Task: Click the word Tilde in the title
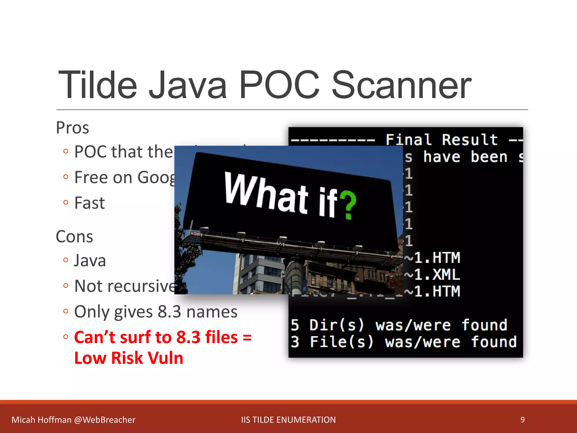pyautogui.click(x=97, y=85)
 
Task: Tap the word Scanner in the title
pyautogui.click(x=401, y=85)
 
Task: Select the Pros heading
pyautogui.click(x=72, y=128)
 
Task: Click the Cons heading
pyautogui.click(x=74, y=237)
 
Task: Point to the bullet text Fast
pyautogui.click(x=89, y=203)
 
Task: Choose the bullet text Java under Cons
pyautogui.click(x=90, y=260)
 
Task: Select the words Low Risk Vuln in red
pyautogui.click(x=129, y=358)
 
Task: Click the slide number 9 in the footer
pyautogui.click(x=522, y=420)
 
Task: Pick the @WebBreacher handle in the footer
pyautogui.click(x=105, y=420)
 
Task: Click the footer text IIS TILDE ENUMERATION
pyautogui.click(x=288, y=420)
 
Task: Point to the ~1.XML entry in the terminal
pyautogui.click(x=432, y=275)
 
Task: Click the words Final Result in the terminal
pyautogui.click(x=441, y=140)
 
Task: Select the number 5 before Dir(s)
pyautogui.click(x=295, y=325)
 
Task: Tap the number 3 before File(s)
pyautogui.click(x=295, y=342)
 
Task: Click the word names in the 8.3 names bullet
pyautogui.click(x=212, y=312)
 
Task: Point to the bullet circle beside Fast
pyautogui.click(x=66, y=202)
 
